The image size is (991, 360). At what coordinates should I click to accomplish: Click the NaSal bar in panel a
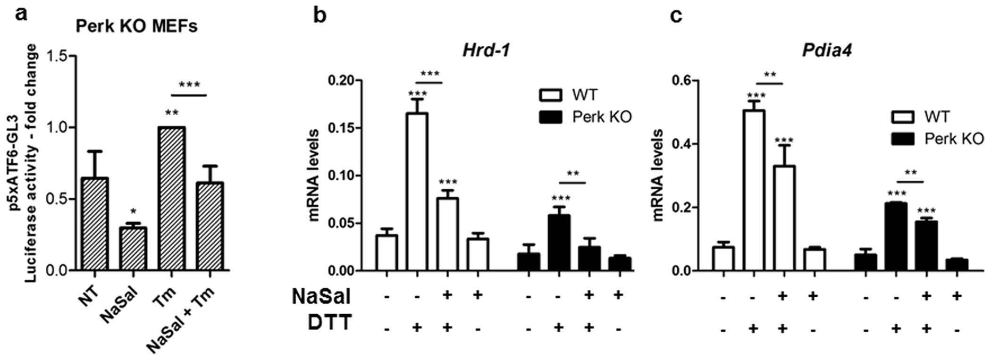click(x=133, y=249)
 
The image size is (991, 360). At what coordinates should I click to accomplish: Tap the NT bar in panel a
click(x=94, y=224)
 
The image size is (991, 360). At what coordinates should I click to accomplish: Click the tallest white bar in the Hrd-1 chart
click(x=417, y=192)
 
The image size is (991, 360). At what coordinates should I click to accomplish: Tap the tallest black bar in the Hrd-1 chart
click(x=559, y=243)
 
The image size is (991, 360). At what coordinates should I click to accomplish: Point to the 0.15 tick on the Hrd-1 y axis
click(x=346, y=128)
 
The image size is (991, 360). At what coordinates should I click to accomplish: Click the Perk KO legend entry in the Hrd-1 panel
click(x=585, y=117)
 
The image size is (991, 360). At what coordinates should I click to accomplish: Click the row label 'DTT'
click(x=330, y=323)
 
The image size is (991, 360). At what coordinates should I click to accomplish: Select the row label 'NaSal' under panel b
click(x=321, y=296)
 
